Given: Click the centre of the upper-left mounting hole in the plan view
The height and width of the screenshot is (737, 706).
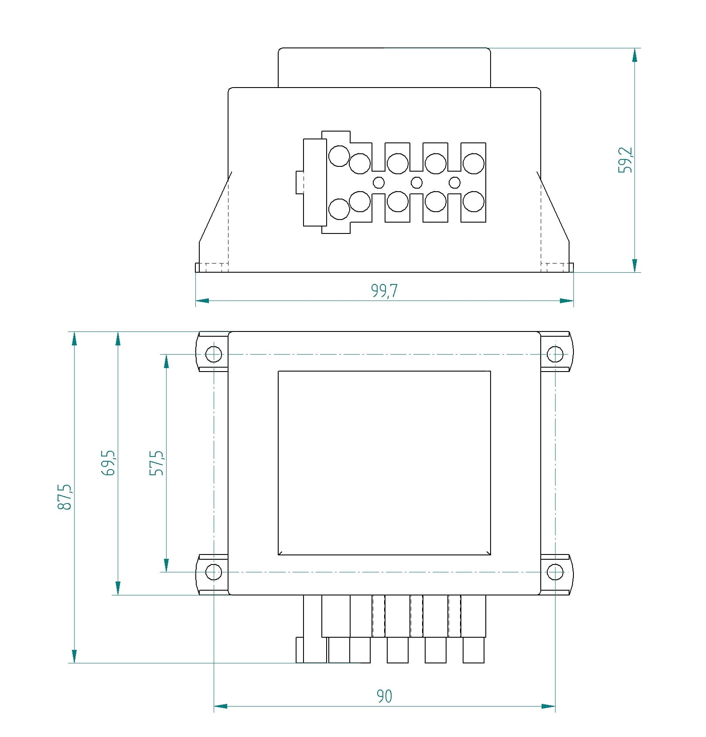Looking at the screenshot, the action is (214, 354).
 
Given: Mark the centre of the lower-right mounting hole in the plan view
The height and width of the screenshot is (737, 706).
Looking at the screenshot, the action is (555, 571).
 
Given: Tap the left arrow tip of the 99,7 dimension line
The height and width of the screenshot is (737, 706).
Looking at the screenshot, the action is (196, 301).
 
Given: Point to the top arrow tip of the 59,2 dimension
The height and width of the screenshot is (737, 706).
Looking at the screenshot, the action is (634, 48).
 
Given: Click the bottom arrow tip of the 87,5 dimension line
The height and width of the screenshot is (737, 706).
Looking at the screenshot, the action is (74, 663).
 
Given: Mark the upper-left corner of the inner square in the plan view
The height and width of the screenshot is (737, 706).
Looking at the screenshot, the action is (278, 371).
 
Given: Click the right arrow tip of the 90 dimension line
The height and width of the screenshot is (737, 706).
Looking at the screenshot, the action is (555, 706).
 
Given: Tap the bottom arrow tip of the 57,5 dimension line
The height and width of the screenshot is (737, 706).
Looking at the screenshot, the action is (166, 571).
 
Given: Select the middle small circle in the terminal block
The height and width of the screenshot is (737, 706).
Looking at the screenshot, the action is (417, 182).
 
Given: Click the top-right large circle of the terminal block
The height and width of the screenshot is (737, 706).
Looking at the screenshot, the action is (473, 164).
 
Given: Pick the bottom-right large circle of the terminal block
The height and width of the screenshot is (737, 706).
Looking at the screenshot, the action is (473, 201).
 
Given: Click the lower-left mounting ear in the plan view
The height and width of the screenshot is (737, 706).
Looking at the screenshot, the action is (213, 575).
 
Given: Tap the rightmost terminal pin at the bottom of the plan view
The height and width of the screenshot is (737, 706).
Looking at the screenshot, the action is (473, 650).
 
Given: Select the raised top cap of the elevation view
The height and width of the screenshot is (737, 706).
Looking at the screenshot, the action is (384, 68).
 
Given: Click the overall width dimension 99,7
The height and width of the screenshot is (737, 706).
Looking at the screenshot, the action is (384, 290).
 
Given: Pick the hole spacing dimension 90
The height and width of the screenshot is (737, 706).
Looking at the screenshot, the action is (384, 696).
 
